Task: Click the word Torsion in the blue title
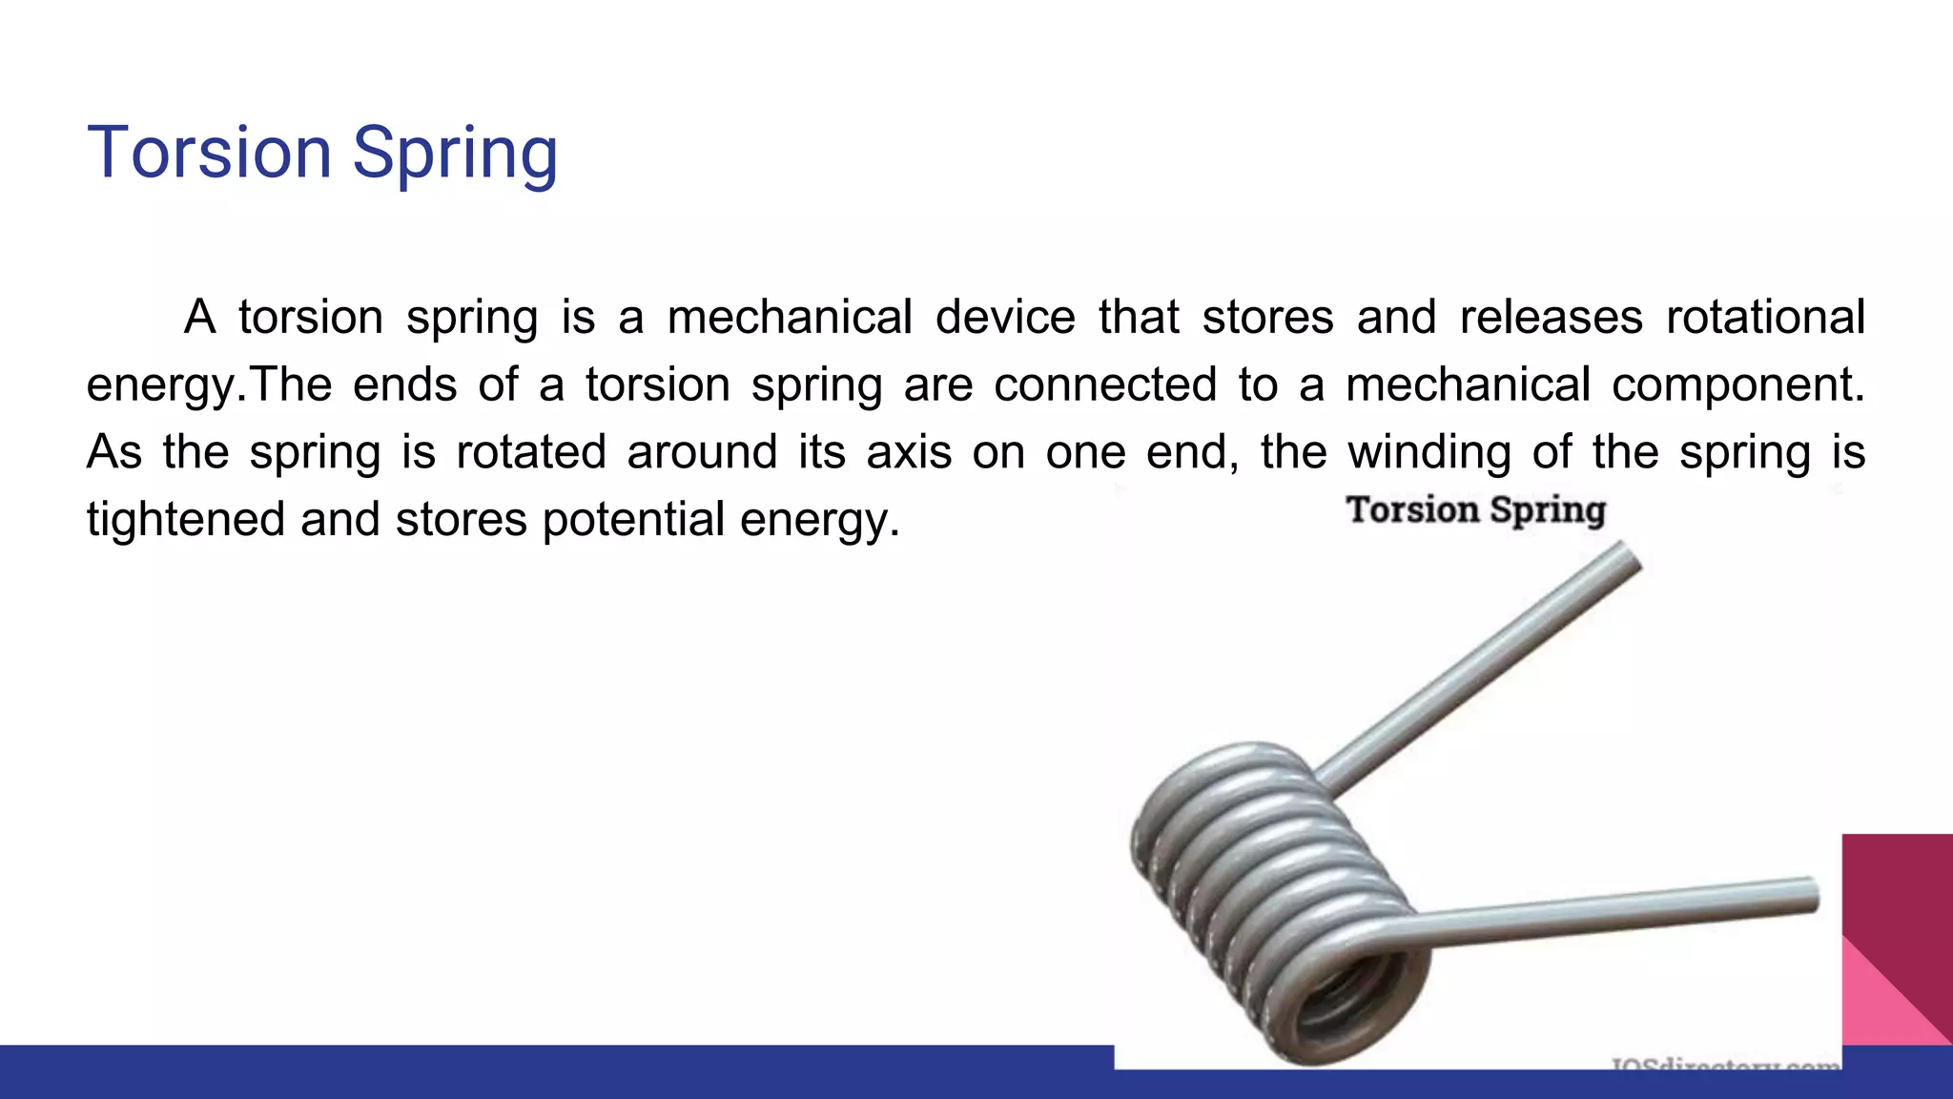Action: (x=209, y=153)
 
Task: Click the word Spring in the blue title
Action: (x=455, y=155)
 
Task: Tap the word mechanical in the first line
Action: (x=790, y=317)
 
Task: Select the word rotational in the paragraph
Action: (x=1765, y=317)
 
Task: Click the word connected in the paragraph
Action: (x=1105, y=384)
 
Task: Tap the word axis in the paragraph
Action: (x=909, y=452)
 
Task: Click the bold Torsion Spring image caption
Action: (x=1476, y=510)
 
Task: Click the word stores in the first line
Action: (x=1267, y=317)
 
